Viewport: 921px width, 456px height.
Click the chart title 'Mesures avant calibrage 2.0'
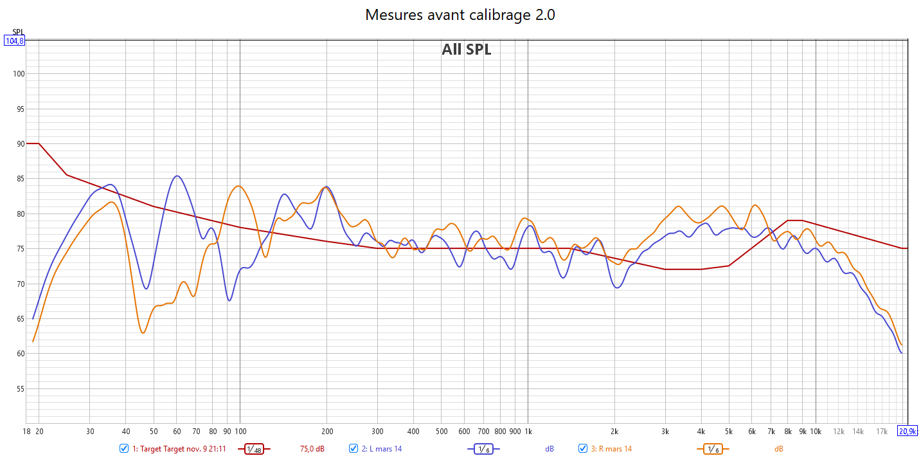460,15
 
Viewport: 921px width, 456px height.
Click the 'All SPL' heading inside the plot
466,50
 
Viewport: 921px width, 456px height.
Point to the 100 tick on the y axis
18,74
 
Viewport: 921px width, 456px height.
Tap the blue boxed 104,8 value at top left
14,41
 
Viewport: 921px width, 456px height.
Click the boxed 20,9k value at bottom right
908,431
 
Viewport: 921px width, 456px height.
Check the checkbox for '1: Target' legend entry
124,448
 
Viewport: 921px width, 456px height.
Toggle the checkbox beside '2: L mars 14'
353,448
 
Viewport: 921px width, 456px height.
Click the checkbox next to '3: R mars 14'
583,448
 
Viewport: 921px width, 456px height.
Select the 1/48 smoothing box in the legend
255,449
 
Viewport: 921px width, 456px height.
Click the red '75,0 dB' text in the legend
312,449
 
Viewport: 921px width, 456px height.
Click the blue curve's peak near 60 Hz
177,176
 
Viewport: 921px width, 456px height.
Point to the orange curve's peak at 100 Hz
239,186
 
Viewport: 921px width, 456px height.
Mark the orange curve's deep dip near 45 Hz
143,333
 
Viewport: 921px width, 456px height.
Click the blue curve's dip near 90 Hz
229,300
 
